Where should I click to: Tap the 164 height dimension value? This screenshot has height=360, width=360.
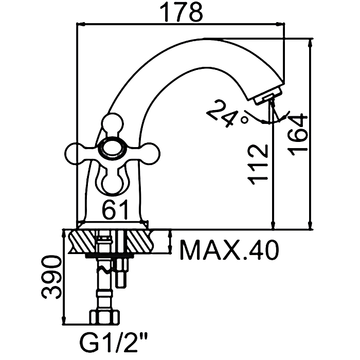pyautogui.click(x=298, y=135)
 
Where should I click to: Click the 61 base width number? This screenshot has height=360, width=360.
pyautogui.click(x=115, y=209)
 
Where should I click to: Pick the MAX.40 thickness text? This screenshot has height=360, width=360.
pyautogui.click(x=229, y=250)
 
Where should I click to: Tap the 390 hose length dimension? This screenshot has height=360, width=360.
pyautogui.click(x=52, y=277)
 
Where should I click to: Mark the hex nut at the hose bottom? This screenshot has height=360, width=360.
pyautogui.click(x=105, y=317)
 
